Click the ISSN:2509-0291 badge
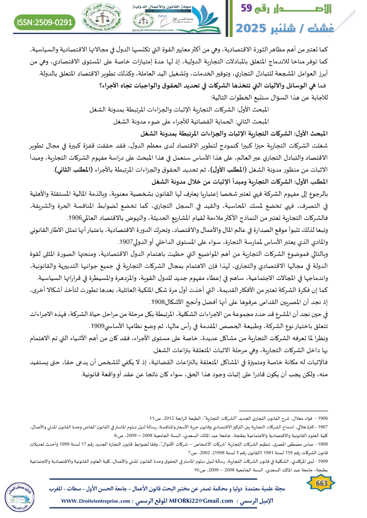pos(45,21)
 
